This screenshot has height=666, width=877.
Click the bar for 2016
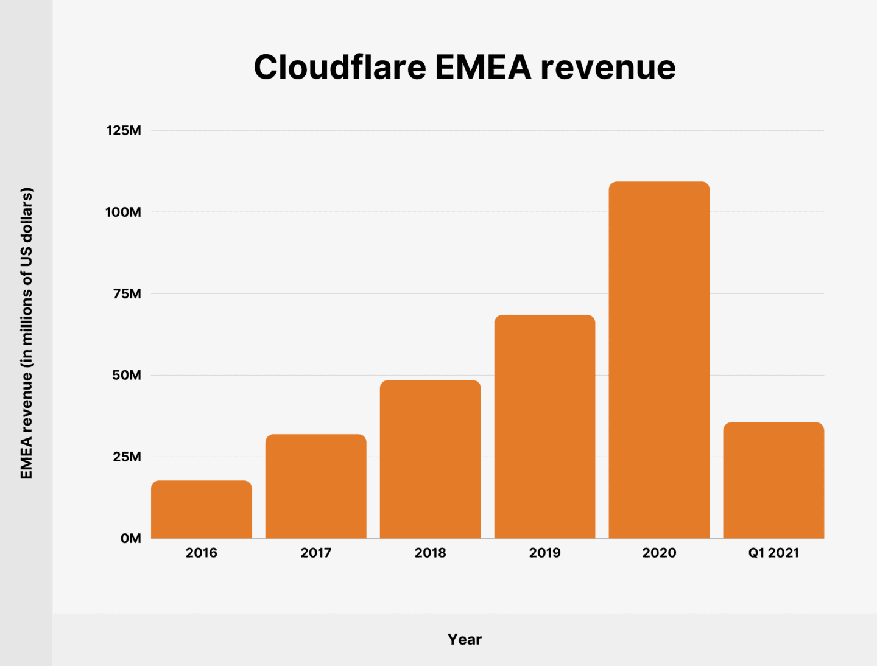point(201,510)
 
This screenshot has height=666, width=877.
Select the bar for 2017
point(315,486)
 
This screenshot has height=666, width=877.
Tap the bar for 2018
point(430,460)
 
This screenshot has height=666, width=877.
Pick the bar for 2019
point(544,427)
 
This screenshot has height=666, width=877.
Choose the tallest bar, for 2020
point(659,360)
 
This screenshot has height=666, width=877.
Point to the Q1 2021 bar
point(773,480)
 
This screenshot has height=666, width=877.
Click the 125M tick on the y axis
point(124,130)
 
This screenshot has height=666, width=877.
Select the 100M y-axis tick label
point(123,212)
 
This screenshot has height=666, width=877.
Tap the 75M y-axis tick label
point(126,293)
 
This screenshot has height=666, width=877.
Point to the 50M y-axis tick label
point(126,375)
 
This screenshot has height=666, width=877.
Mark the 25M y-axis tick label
point(126,457)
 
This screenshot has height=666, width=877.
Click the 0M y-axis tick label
point(130,538)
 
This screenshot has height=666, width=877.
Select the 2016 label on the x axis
point(201,553)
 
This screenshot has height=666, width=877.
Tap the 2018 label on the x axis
point(430,553)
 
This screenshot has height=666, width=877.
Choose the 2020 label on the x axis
point(659,553)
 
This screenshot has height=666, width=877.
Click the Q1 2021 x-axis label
point(773,553)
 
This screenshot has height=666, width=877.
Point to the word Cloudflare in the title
point(339,67)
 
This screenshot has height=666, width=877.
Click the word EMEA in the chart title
point(483,67)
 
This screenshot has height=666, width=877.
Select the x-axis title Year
point(464,639)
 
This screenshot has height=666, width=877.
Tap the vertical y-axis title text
point(27,333)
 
